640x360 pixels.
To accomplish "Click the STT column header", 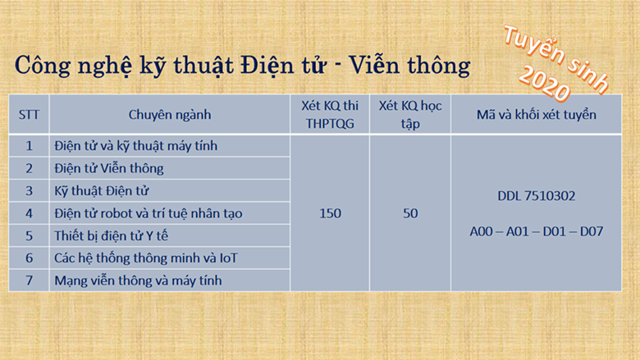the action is click(x=29, y=115).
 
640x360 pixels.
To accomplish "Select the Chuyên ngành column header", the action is click(x=170, y=115).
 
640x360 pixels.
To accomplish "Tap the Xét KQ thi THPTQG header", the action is click(x=330, y=115).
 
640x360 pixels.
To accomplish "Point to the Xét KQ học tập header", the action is click(x=410, y=115).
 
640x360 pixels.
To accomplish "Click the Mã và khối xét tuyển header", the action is click(x=537, y=115).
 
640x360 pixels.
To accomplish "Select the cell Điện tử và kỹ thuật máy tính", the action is click(x=136, y=146).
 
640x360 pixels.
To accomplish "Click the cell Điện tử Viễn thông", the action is click(x=109, y=168).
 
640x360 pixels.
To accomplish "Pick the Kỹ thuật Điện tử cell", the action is click(x=102, y=191).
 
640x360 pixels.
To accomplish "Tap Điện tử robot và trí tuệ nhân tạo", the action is click(x=149, y=213).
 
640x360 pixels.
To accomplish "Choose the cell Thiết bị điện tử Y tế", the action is click(x=111, y=235).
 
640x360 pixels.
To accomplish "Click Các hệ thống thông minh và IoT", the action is click(x=146, y=258).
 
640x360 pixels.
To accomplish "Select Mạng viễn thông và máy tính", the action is click(x=138, y=280).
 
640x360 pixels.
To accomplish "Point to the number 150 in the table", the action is click(x=330, y=213).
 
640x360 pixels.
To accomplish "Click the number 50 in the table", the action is click(x=410, y=213).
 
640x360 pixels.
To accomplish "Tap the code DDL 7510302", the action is click(x=537, y=196).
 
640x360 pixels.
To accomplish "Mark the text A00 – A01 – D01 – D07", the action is click(x=537, y=231).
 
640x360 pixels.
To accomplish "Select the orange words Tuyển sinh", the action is click(x=556, y=59).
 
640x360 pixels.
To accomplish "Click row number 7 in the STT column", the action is click(x=29, y=280).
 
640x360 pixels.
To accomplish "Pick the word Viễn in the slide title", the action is click(x=373, y=65).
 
